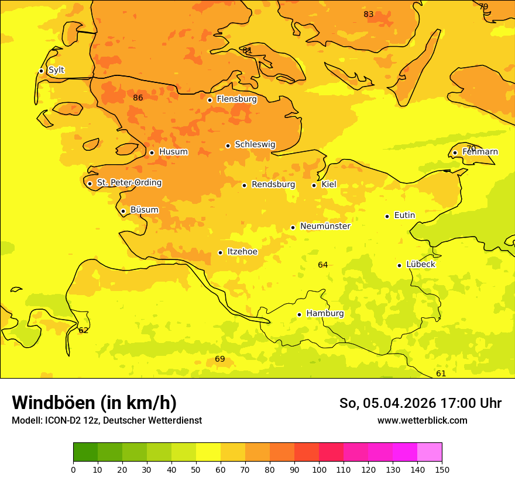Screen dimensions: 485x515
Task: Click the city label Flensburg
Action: [236, 99]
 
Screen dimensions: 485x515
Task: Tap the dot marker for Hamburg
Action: [299, 314]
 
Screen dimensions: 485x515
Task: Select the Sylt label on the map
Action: [56, 70]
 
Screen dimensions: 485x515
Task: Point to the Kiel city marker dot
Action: [314, 185]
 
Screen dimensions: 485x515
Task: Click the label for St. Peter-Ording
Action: [129, 183]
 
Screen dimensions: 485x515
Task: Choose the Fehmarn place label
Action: [480, 152]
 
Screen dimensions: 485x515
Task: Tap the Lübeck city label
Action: [420, 265]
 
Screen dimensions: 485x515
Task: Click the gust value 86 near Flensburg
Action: [138, 98]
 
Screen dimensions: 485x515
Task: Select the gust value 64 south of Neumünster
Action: [323, 265]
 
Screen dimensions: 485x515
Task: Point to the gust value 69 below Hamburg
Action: [220, 359]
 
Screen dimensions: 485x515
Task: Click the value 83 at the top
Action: [369, 15]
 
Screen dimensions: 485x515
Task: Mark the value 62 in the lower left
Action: [84, 330]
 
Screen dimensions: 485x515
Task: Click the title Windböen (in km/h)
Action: [94, 403]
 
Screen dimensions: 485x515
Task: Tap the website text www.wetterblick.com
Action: [422, 420]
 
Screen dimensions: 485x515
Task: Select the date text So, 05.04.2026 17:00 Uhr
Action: [420, 403]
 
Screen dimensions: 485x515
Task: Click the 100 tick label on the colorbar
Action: [319, 469]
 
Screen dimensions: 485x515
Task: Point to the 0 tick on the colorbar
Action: [73, 469]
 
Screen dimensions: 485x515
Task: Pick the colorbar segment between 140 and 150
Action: [430, 452]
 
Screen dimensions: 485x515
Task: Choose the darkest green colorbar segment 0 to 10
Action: [85, 452]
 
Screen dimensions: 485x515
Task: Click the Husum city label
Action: [173, 152]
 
